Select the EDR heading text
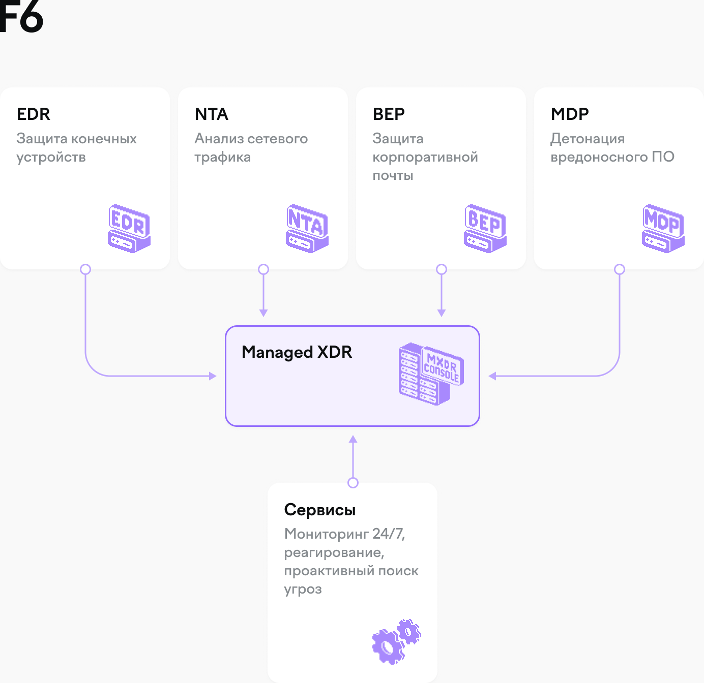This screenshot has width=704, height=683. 34,114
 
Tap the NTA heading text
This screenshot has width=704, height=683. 212,114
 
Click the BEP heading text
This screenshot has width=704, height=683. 389,114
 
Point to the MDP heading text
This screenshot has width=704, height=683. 570,114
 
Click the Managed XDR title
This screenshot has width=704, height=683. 297,352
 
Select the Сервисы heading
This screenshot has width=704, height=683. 320,510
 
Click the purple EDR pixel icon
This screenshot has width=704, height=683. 129,229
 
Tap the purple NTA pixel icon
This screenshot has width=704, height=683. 307,229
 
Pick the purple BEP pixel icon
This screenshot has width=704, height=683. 485,229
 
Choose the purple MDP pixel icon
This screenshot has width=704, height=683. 663,229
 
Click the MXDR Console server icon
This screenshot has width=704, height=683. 431,374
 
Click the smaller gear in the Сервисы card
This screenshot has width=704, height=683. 409,632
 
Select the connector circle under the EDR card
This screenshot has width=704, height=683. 85,269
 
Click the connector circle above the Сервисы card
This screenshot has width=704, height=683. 353,483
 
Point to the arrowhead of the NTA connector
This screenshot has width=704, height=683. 263,313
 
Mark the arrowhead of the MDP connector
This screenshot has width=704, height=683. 492,376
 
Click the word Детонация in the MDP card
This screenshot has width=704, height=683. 588,139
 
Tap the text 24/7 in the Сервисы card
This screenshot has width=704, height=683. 388,534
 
